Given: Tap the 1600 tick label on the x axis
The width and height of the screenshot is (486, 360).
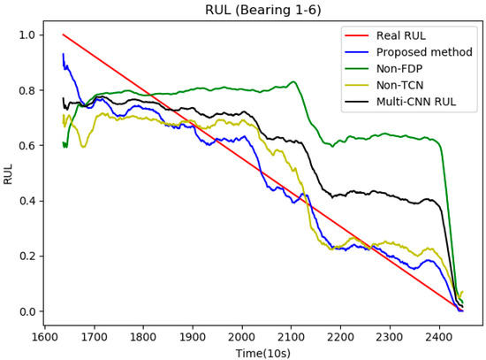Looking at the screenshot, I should (x=45, y=336).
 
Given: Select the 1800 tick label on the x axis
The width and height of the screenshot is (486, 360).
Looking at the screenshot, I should (x=143, y=336).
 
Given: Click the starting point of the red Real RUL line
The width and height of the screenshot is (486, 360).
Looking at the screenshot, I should (x=63, y=34).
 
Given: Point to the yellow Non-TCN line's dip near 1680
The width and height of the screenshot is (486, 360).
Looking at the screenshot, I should (x=83, y=146).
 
